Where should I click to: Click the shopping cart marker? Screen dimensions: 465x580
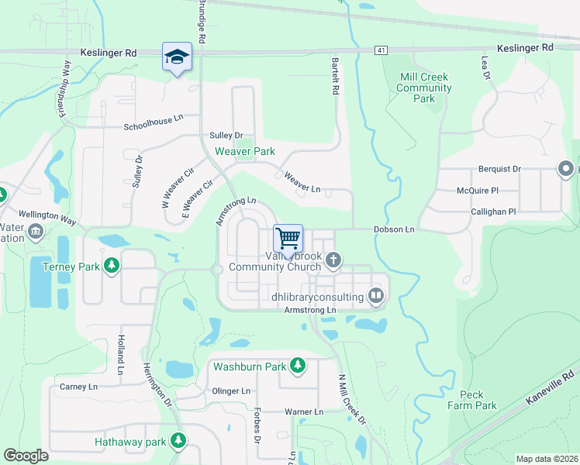click(x=288, y=237)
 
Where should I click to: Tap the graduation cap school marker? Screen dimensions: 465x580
click(x=176, y=57)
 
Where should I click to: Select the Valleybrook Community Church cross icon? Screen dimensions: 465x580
click(x=333, y=260)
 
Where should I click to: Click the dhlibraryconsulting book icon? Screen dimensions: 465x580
click(x=375, y=295)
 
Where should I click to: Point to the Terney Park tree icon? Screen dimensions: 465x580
click(x=112, y=266)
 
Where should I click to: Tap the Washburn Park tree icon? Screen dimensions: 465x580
click(x=298, y=365)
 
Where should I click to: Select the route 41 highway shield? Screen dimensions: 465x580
click(x=380, y=50)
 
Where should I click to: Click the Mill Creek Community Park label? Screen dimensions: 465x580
click(x=423, y=88)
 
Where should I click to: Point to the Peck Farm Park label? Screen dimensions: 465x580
click(x=471, y=400)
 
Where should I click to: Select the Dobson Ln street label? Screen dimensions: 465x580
click(x=394, y=229)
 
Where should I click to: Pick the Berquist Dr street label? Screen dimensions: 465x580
click(x=499, y=168)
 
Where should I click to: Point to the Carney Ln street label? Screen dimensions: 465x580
click(x=78, y=386)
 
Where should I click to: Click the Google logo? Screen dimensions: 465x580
click(x=26, y=456)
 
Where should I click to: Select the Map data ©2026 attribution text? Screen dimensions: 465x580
click(x=546, y=459)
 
